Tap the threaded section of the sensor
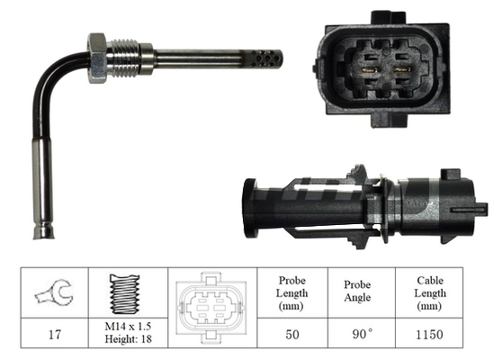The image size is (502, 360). pyautogui.click(x=126, y=58)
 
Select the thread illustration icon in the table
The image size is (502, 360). pyautogui.click(x=125, y=292)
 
